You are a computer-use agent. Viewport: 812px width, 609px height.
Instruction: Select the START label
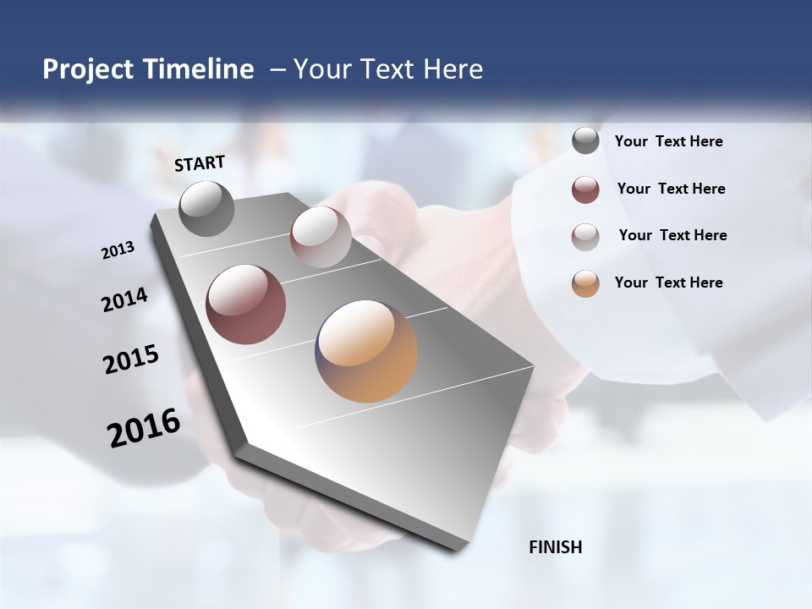click(x=200, y=163)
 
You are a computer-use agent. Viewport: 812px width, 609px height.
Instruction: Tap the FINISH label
click(x=556, y=547)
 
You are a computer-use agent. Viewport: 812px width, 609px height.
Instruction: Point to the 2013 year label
click(x=118, y=250)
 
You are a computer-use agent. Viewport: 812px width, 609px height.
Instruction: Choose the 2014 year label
click(x=125, y=299)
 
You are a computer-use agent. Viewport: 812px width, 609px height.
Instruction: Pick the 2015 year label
click(x=131, y=359)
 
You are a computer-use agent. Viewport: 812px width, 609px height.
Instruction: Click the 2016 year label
click(x=144, y=428)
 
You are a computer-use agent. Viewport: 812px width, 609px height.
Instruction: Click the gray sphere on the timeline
click(x=206, y=208)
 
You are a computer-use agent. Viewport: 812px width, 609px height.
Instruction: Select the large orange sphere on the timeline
click(x=366, y=351)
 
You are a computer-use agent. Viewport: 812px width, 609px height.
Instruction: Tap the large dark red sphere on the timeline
click(x=246, y=304)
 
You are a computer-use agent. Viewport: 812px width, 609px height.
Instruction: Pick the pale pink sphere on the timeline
click(x=321, y=237)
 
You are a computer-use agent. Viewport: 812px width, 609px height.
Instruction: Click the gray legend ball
click(x=585, y=141)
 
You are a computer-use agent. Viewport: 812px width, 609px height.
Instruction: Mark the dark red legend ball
click(x=585, y=189)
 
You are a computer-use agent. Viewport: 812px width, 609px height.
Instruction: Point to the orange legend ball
click(x=585, y=283)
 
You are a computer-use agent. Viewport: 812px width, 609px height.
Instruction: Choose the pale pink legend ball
click(x=585, y=237)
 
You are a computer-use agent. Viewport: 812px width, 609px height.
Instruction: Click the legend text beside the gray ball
click(x=668, y=141)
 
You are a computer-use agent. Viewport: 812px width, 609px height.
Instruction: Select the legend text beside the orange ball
click(x=668, y=283)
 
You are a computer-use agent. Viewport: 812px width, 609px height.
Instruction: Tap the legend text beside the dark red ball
click(x=671, y=189)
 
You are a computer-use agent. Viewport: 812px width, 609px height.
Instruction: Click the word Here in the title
click(x=453, y=69)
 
